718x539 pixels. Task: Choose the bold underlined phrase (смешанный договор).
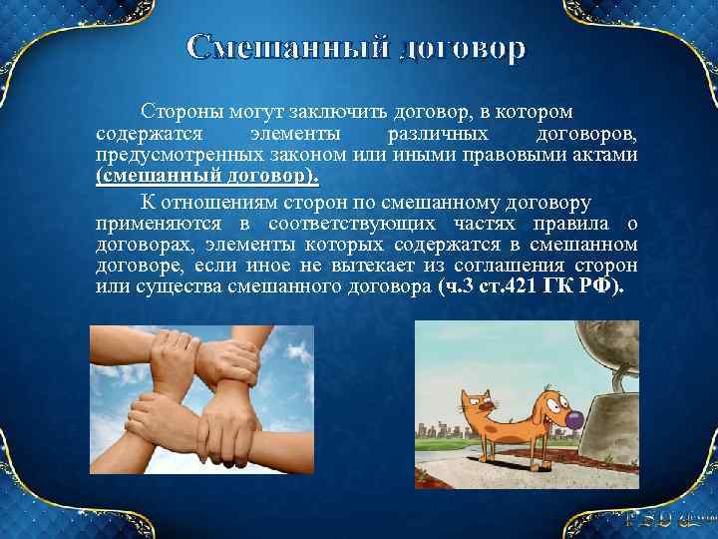click(208, 176)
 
